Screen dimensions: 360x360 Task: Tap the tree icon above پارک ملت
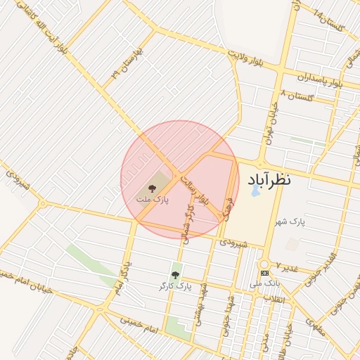pos(150,188)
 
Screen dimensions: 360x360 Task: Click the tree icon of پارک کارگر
pos(175,275)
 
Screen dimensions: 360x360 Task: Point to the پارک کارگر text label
pos(175,286)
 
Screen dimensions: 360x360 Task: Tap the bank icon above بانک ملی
pos(264,273)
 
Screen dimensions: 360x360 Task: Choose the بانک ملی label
pos(264,284)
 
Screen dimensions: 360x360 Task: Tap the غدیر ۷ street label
pos(286,267)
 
